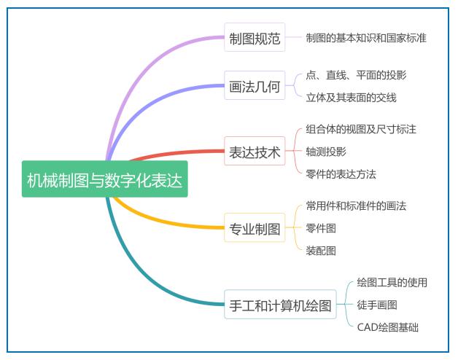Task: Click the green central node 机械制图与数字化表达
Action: click(104, 179)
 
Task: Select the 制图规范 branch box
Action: click(255, 37)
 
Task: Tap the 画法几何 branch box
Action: click(255, 85)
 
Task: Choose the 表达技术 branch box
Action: click(255, 151)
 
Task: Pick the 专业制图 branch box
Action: click(255, 227)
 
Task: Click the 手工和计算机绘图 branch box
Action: click(280, 304)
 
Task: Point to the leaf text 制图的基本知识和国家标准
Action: click(366, 38)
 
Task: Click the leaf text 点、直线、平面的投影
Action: click(356, 75)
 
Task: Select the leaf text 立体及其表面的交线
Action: click(351, 98)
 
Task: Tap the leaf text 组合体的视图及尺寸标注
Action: click(361, 129)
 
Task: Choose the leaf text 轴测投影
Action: click(326, 152)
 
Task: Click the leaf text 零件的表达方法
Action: click(341, 174)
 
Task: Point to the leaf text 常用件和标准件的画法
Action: click(356, 206)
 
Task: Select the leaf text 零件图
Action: click(321, 228)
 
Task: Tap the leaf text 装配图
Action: click(321, 251)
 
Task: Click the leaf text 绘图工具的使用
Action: click(392, 282)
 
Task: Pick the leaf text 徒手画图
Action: click(377, 305)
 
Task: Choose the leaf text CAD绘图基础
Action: click(387, 327)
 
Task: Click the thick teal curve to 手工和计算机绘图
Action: click(137, 274)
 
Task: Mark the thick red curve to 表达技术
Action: click(176, 153)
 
